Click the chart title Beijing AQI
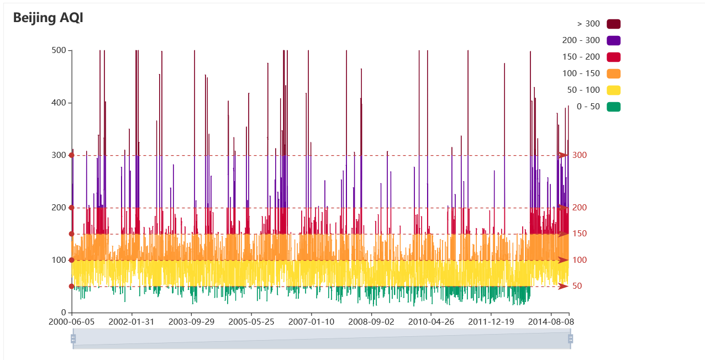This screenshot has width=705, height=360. (48, 18)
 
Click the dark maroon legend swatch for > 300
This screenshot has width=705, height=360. (613, 24)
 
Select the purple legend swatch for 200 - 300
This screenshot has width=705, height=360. (613, 40)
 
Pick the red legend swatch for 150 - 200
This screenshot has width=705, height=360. (613, 57)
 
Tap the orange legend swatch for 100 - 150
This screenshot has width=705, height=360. (613, 73)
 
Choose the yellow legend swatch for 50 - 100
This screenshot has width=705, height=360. (613, 90)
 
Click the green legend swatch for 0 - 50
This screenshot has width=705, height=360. (613, 107)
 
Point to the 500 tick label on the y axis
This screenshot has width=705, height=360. (59, 50)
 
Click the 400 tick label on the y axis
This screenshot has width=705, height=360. (59, 103)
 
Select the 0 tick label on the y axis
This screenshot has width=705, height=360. (64, 313)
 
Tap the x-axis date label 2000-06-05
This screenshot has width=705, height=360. (72, 321)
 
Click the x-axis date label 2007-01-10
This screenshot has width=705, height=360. (312, 321)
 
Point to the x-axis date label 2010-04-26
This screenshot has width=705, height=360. (432, 321)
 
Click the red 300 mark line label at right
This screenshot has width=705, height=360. (580, 155)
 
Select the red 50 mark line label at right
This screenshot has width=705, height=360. (577, 286)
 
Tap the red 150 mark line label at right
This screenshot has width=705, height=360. (580, 234)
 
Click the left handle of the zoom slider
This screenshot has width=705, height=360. (73, 338)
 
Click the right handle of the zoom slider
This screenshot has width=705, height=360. (570, 338)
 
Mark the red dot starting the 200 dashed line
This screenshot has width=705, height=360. (72, 208)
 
